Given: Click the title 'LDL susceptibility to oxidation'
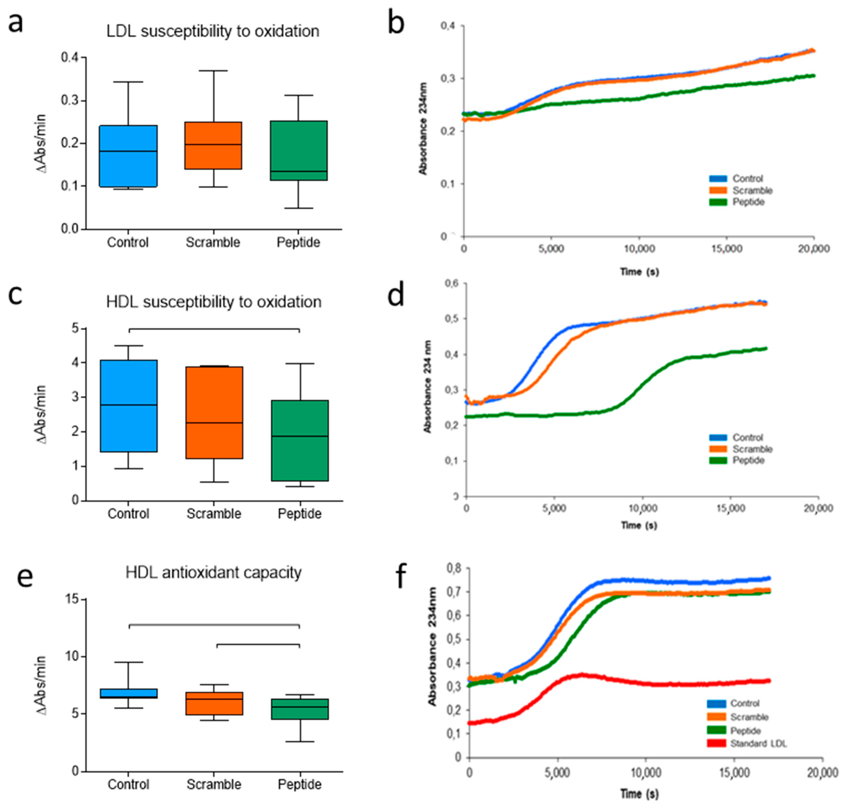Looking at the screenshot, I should (213, 31).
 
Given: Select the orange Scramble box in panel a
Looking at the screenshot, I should (213, 145).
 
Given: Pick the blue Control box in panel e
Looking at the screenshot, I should (128, 693).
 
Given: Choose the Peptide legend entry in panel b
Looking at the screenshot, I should (748, 202).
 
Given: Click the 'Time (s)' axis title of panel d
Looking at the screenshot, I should (639, 525).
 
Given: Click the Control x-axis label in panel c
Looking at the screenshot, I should (128, 514).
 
